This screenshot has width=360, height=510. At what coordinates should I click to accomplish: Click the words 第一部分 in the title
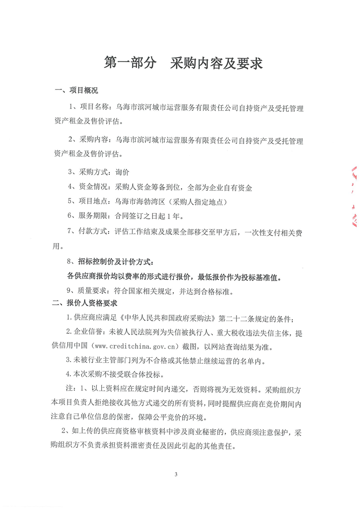click(130, 63)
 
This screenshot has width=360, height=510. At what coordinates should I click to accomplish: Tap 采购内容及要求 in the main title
click(217, 63)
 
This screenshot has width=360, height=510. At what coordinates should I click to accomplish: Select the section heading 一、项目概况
click(76, 91)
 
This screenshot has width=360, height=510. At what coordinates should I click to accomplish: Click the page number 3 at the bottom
click(175, 475)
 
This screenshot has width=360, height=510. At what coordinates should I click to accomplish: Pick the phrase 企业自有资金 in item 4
click(230, 187)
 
